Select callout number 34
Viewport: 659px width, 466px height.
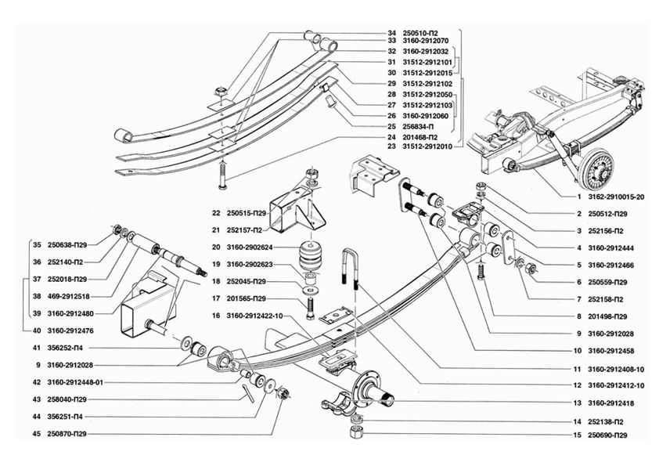(391, 33)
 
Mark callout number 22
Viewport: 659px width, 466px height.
(215, 213)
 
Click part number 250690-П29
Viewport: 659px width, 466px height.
(607, 435)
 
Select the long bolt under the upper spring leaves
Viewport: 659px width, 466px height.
(223, 173)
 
